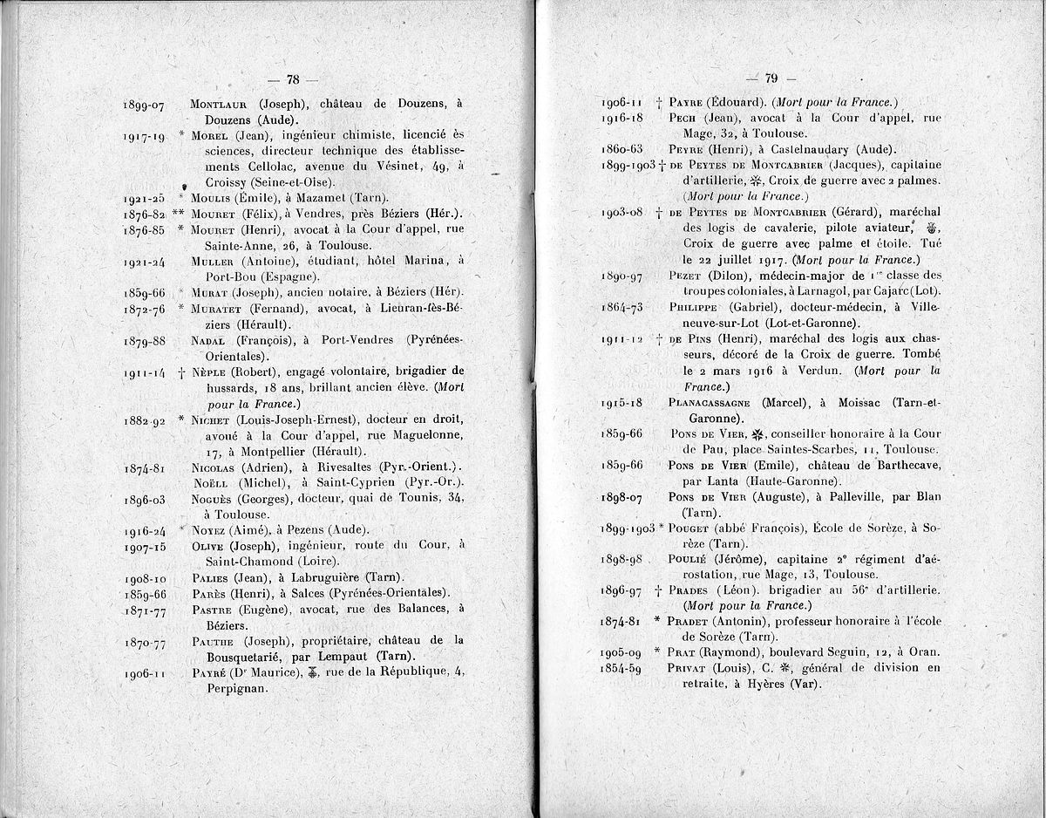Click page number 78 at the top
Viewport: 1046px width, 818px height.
coord(292,80)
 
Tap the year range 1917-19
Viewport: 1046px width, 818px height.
coord(145,136)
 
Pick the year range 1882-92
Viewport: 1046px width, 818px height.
coord(145,419)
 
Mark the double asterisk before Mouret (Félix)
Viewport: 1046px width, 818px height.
coord(179,214)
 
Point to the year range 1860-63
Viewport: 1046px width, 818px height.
coord(623,149)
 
